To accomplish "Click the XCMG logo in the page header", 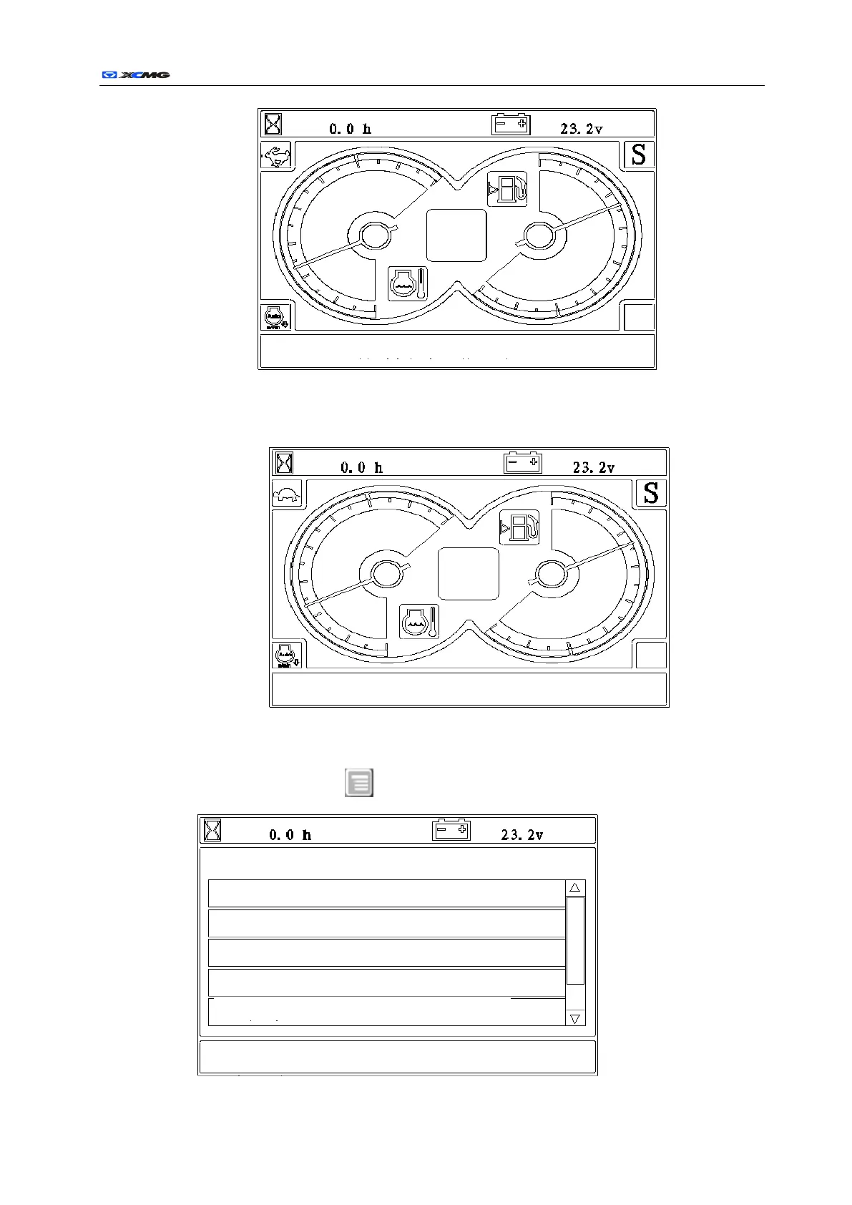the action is pos(135,74).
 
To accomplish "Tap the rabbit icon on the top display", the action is pos(276,155).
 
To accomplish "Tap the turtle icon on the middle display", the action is pos(287,494).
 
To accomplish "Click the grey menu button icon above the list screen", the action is pos(359,783).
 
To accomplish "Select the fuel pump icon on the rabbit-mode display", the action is pos(507,190).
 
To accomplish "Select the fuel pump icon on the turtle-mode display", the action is pos(519,528).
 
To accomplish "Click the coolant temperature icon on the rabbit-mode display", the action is pos(408,284).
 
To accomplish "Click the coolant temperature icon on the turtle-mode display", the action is pos(419,621).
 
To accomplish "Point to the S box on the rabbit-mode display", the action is pos(639,155).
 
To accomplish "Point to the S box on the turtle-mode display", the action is pos(650,493).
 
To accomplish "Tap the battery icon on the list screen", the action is pos(451,831).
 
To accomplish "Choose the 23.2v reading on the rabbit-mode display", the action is pos(581,129).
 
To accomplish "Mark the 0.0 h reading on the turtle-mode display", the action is pos(361,468).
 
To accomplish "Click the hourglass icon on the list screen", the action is pos(212,831).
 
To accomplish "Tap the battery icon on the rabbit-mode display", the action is pos(511,125).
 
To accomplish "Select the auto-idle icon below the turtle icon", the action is pos(287,655).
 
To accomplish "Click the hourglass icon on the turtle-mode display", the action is pos(285,463).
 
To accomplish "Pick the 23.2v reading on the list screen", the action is pos(522,835).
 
